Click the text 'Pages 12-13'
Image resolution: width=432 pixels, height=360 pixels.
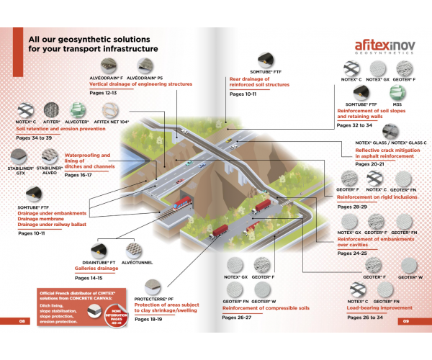click(x=102, y=93)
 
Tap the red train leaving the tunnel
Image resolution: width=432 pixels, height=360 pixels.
click(x=183, y=201)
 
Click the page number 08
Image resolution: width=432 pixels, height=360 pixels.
click(x=22, y=322)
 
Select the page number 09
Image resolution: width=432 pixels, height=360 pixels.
click(x=406, y=322)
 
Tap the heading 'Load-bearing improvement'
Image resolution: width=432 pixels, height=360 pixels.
click(x=366, y=307)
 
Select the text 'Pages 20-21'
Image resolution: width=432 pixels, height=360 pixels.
click(x=369, y=164)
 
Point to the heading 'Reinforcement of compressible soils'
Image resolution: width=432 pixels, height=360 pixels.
click(x=261, y=308)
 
